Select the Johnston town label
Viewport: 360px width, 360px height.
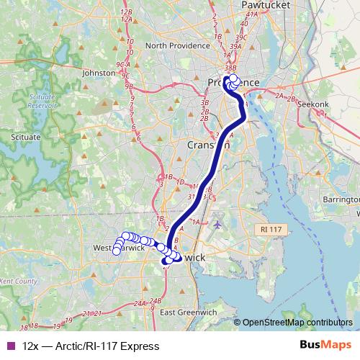(99, 73)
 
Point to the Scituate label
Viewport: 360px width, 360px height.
(27, 135)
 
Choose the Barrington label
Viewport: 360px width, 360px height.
(341, 198)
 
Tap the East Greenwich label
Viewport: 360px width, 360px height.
(188, 312)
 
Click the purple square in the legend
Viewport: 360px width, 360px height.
(9, 346)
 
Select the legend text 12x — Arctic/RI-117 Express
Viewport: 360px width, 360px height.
(91, 346)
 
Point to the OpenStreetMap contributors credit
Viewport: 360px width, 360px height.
(297, 323)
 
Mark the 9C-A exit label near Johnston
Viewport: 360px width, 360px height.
(122, 65)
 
